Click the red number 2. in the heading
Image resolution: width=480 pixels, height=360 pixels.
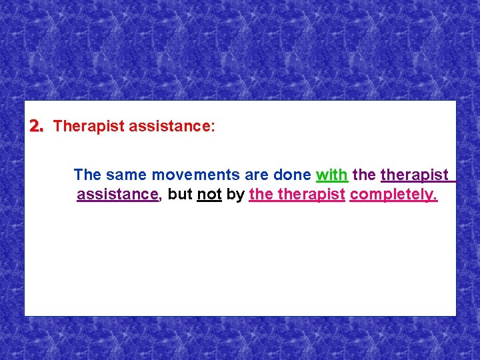pyautogui.click(x=36, y=126)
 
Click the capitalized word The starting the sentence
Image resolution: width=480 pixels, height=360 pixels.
pyautogui.click(x=87, y=175)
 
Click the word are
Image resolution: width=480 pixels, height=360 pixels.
pyautogui.click(x=257, y=175)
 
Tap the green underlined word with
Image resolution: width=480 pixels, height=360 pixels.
pyautogui.click(x=331, y=175)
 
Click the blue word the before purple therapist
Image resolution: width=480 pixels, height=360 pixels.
pyautogui.click(x=364, y=175)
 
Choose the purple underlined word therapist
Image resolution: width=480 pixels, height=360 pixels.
pyautogui.click(x=415, y=175)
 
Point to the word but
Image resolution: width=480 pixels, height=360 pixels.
pyautogui.click(x=180, y=195)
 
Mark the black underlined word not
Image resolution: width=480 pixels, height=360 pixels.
pyautogui.click(x=209, y=195)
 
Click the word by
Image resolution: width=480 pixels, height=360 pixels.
pyautogui.click(x=235, y=195)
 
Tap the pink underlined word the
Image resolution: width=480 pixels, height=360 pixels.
pyautogui.click(x=261, y=195)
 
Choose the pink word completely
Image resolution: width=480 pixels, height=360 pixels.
pyautogui.click(x=393, y=195)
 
